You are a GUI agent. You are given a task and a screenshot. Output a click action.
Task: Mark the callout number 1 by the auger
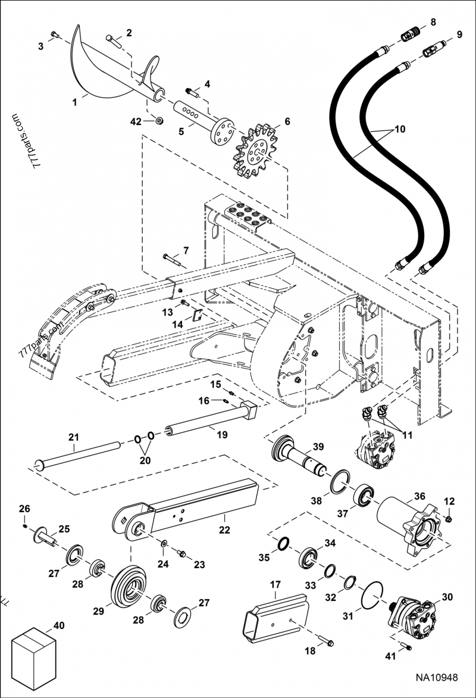tap(75, 102)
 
